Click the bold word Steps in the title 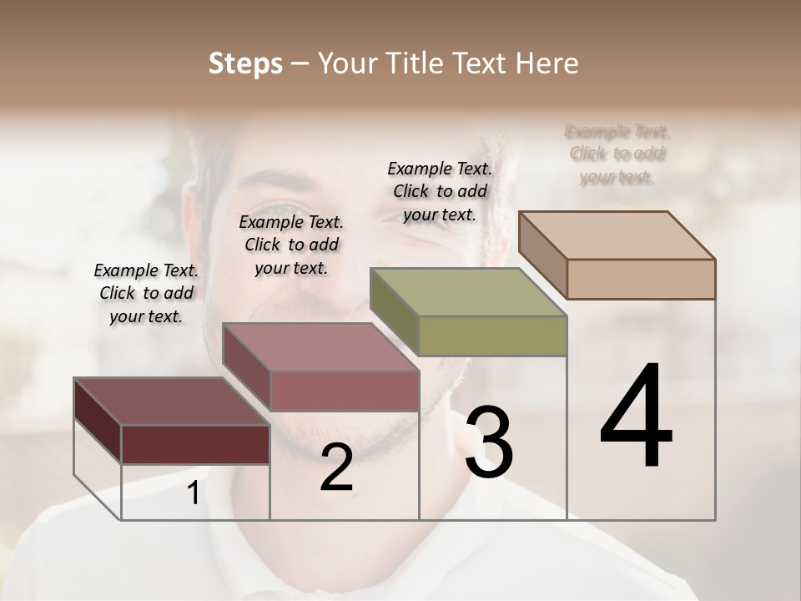click(x=245, y=63)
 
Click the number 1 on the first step click(x=193, y=493)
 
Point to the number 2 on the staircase click(x=336, y=468)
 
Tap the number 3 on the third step click(x=489, y=442)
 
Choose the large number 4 click(x=636, y=417)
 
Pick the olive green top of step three click(x=468, y=292)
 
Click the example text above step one click(x=146, y=293)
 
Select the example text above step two click(x=291, y=245)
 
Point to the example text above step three click(x=440, y=191)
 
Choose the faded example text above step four click(x=617, y=154)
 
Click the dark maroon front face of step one click(x=195, y=444)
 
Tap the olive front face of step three click(x=492, y=336)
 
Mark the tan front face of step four click(x=641, y=279)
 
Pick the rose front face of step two click(x=344, y=391)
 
